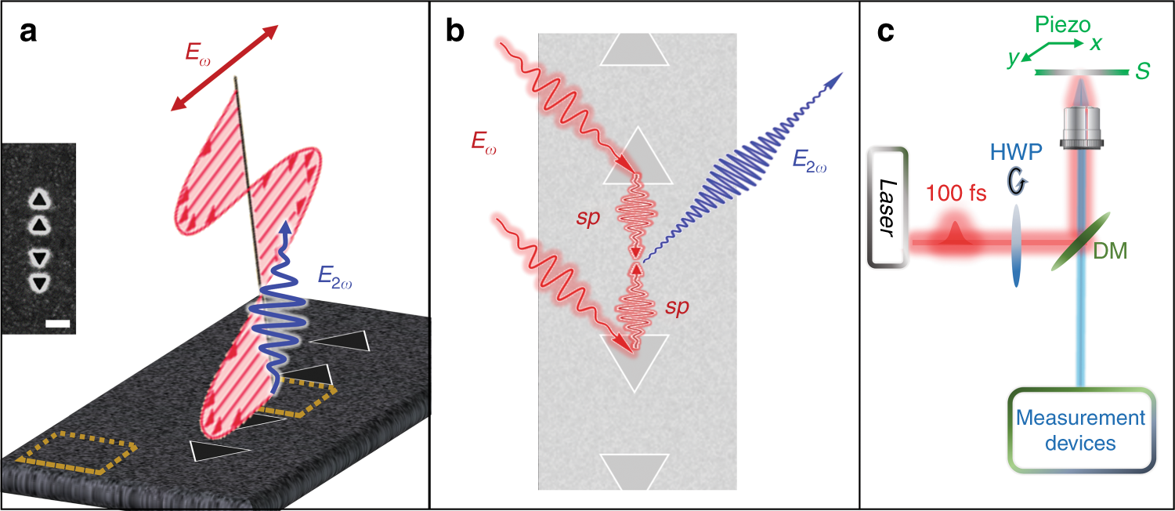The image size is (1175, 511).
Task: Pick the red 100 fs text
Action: [x=956, y=193]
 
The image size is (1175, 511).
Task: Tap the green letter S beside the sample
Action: [x=1143, y=72]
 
